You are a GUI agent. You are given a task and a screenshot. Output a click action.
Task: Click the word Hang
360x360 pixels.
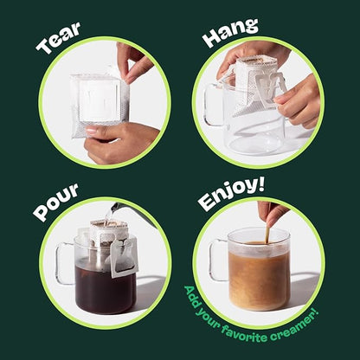[230, 34]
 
